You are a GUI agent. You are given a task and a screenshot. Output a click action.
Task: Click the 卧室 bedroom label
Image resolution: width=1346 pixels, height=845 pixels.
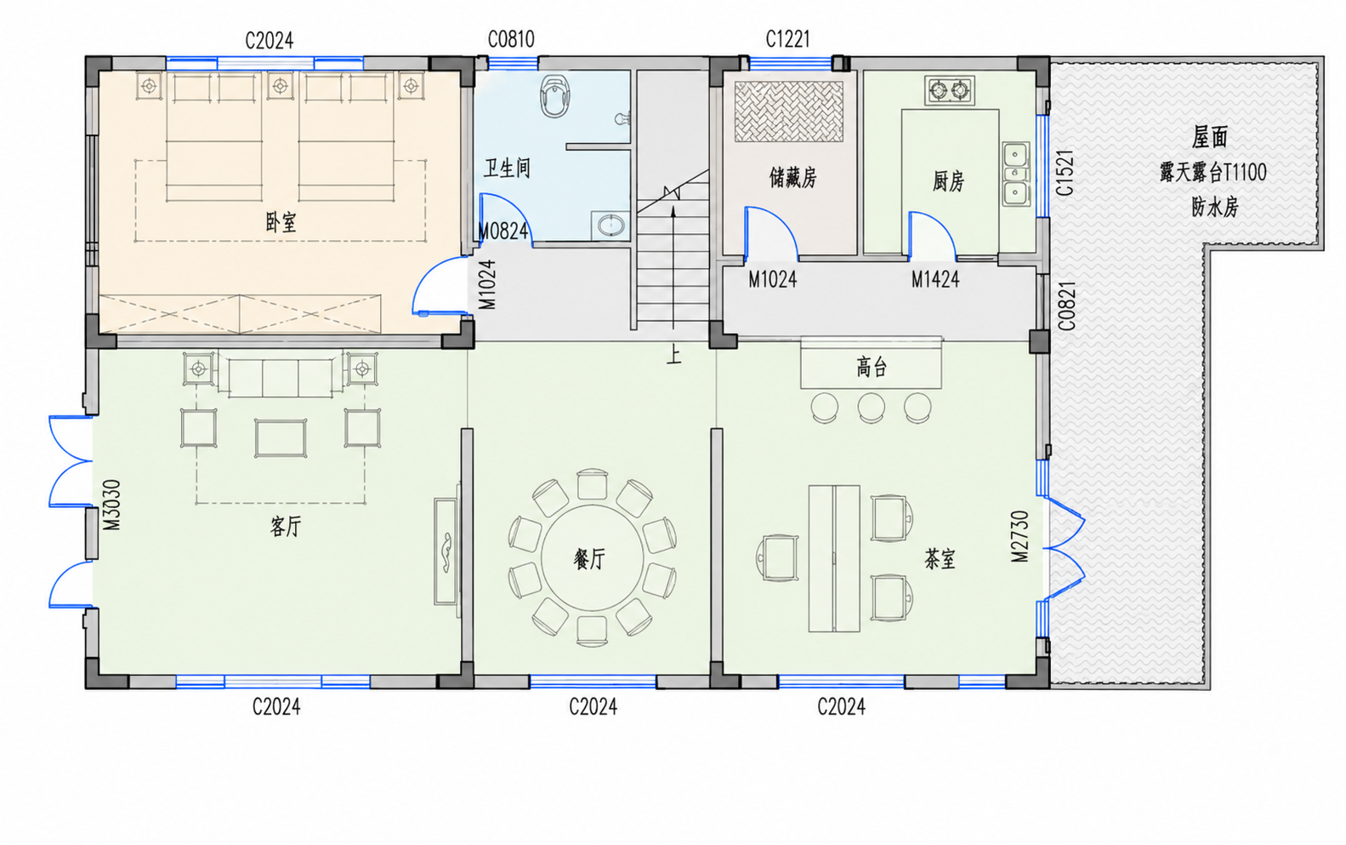coord(281,223)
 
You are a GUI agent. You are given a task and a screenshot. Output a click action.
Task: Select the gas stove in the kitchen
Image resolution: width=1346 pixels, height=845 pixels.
coord(950,90)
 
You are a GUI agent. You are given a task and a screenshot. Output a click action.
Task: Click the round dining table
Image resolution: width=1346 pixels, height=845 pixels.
coord(592,558)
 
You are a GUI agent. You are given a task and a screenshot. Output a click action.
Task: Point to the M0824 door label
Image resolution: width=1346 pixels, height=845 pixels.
coord(503,231)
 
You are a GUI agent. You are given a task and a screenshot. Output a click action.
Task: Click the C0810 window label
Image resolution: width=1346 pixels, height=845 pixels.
coord(511,40)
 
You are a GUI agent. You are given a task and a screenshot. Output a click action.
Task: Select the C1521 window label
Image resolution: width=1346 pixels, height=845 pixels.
coord(1065,173)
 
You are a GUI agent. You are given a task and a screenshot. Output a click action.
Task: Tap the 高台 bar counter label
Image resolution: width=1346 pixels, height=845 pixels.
coord(872,366)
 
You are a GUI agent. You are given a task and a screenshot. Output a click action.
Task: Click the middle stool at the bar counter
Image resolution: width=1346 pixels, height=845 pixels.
coord(871,408)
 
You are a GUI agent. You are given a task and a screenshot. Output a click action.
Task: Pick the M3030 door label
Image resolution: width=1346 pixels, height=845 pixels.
coord(111,505)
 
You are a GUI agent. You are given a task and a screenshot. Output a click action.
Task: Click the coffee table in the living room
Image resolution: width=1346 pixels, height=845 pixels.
coord(281,438)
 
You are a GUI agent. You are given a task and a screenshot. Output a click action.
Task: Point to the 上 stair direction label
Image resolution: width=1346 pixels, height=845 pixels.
coord(673,355)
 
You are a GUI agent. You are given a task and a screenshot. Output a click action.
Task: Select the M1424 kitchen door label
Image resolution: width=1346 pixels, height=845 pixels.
coord(935,279)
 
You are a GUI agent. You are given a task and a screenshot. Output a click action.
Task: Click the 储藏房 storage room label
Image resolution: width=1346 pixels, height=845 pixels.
coord(793,177)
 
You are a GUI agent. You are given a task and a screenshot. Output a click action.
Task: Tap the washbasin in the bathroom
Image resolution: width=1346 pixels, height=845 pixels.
coord(611,226)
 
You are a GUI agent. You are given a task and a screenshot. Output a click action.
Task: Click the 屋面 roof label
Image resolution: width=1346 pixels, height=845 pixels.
coord(1210,137)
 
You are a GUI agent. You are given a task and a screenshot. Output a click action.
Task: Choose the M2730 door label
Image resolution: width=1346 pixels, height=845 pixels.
coord(1019,536)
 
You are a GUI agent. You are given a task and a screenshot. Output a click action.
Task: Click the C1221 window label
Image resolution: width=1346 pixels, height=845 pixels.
coord(787,39)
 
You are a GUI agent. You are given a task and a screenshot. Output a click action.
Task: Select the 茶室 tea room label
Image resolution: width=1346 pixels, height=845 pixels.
coord(940,559)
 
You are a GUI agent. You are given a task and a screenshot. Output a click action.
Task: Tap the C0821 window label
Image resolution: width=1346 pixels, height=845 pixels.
coord(1066,306)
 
